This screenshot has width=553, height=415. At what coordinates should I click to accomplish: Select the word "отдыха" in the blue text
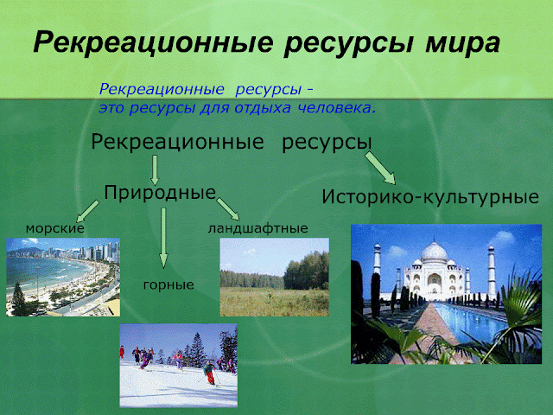pyautogui.click(x=258, y=109)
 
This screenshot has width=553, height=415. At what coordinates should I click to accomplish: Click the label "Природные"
pyautogui.click(x=159, y=192)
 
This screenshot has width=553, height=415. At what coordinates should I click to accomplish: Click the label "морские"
pyautogui.click(x=54, y=228)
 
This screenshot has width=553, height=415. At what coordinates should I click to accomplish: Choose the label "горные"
pyautogui.click(x=168, y=284)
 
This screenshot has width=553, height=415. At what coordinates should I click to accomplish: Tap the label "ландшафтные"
pyautogui.click(x=257, y=228)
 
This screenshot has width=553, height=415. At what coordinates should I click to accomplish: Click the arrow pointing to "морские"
pyautogui.click(x=87, y=210)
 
